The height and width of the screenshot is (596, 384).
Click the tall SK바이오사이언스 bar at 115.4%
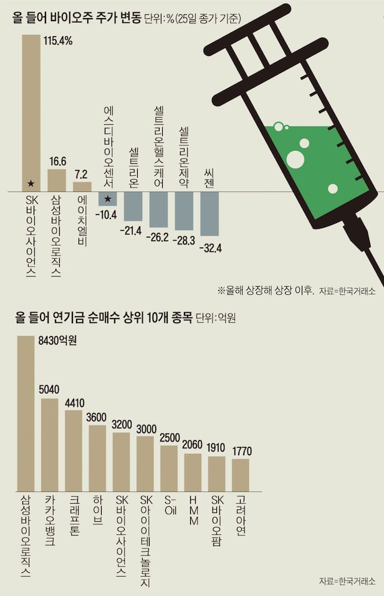[x=31, y=112]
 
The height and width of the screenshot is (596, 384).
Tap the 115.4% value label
[x=58, y=41]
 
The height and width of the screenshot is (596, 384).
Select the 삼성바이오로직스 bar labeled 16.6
[x=57, y=180]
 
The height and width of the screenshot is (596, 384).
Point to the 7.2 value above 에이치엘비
[x=82, y=174]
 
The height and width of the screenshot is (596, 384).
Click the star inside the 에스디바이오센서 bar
[x=107, y=198]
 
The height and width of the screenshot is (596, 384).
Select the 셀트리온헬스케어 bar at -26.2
[x=158, y=209]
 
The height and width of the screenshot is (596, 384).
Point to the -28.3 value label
[x=185, y=240]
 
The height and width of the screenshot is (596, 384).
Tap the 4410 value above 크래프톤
[x=74, y=402]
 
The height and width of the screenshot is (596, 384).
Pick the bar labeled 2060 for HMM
[x=193, y=473]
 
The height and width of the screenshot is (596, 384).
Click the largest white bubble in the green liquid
[x=295, y=159]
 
